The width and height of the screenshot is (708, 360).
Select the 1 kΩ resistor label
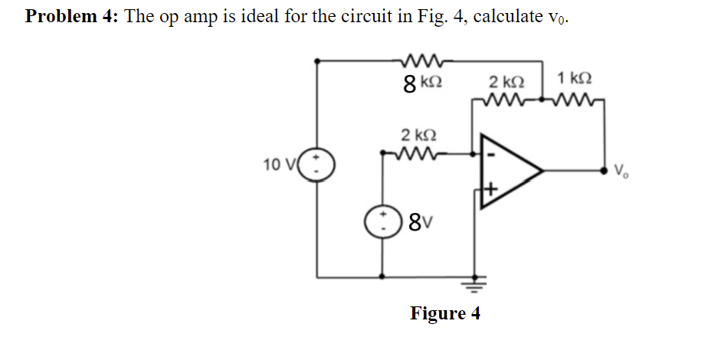(575, 78)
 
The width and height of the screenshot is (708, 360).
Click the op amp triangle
(510, 170)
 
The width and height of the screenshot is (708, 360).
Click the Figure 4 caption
(444, 314)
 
